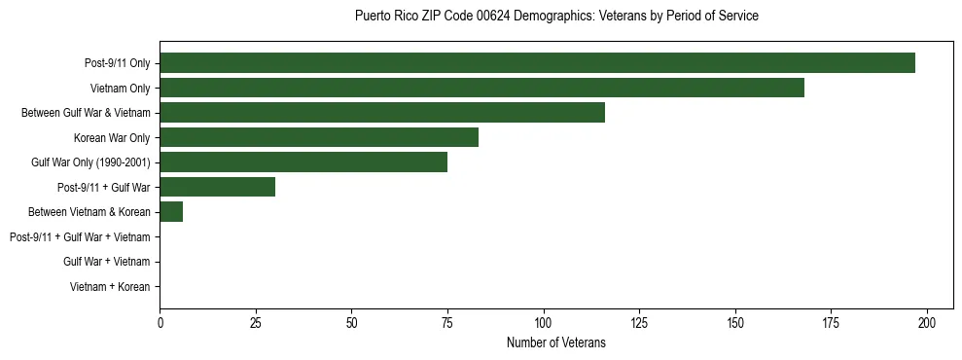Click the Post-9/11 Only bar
[x=537, y=63]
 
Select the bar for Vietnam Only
[x=481, y=88]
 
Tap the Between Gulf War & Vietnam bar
[x=382, y=113]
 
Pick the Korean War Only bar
[x=319, y=137]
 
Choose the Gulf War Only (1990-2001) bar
[x=303, y=162]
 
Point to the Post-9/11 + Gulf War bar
[x=217, y=187]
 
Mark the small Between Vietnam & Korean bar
[x=171, y=212]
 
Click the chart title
[x=556, y=17]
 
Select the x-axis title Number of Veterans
[x=556, y=342]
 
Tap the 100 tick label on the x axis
[x=544, y=322]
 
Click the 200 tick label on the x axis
[x=927, y=322]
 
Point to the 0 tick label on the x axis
[x=160, y=322]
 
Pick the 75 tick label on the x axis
[x=447, y=322]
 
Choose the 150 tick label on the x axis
[x=735, y=322]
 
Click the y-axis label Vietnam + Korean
[x=110, y=287]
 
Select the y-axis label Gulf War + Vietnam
[x=106, y=262]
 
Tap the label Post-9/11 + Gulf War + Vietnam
[x=80, y=237]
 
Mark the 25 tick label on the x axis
[x=256, y=322]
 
